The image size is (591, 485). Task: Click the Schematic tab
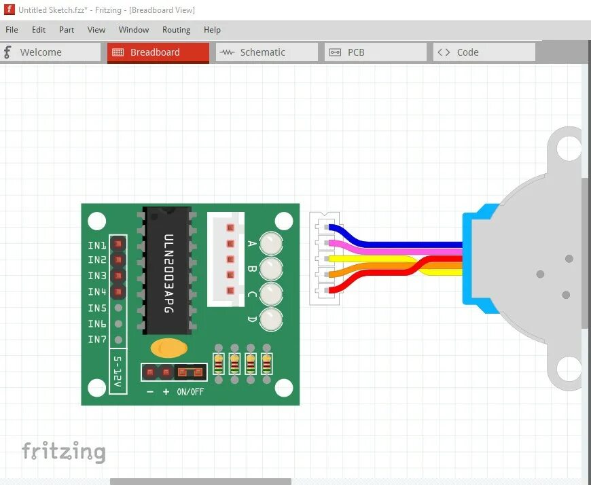click(266, 52)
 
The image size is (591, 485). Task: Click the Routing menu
click(176, 30)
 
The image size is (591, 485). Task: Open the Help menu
click(212, 30)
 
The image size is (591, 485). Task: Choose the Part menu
click(67, 30)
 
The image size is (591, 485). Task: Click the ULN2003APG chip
click(167, 272)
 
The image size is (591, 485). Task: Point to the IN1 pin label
click(97, 245)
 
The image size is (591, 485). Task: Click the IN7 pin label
click(97, 340)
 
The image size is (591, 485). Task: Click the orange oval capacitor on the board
click(169, 348)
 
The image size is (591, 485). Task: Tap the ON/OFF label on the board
click(190, 392)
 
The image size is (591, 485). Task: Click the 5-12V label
click(118, 372)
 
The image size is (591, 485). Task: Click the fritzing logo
click(64, 452)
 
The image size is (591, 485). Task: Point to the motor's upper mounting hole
click(569, 147)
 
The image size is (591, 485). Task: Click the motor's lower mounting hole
click(569, 370)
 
